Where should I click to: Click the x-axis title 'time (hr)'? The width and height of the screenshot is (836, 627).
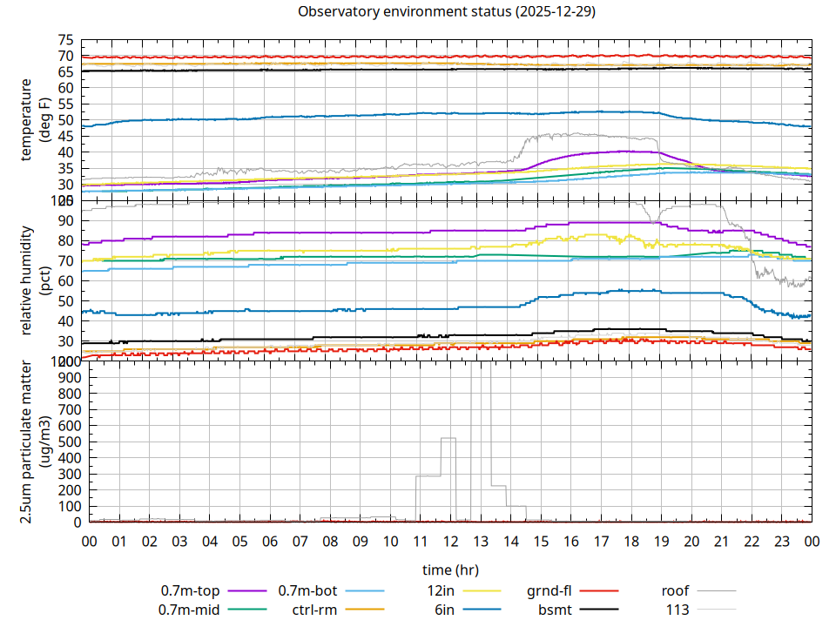tap(450, 570)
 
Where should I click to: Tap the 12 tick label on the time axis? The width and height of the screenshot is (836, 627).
tap(450, 542)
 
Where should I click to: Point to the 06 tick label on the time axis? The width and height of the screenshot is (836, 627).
tap(270, 542)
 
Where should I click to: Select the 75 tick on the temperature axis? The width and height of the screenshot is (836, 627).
tap(65, 40)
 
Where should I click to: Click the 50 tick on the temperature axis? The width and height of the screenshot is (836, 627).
tap(65, 120)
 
